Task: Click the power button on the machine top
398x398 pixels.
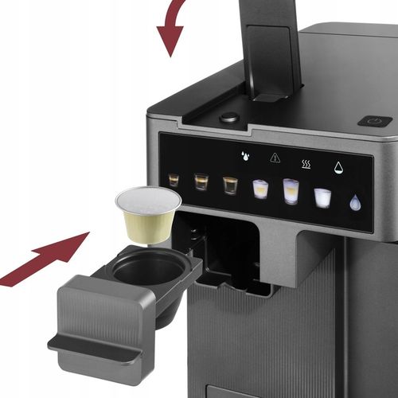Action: pos(374,121)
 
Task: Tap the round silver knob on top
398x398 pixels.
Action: pos(229,117)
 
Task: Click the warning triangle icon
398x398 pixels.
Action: pos(275,158)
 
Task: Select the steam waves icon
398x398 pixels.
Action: pos(306,164)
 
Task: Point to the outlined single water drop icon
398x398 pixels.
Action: pos(338,168)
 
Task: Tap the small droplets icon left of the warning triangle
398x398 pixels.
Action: pos(245,156)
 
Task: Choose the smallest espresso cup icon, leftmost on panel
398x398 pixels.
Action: pos(174,180)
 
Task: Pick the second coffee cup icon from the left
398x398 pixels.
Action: pos(201,181)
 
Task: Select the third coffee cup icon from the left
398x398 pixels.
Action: pos(230,185)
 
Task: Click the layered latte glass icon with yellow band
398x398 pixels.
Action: pos(260,189)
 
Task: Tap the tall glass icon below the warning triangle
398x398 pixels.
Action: pos(291,191)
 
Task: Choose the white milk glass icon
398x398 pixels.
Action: pos(322,197)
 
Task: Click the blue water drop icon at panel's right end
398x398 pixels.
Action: pos(355,203)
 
